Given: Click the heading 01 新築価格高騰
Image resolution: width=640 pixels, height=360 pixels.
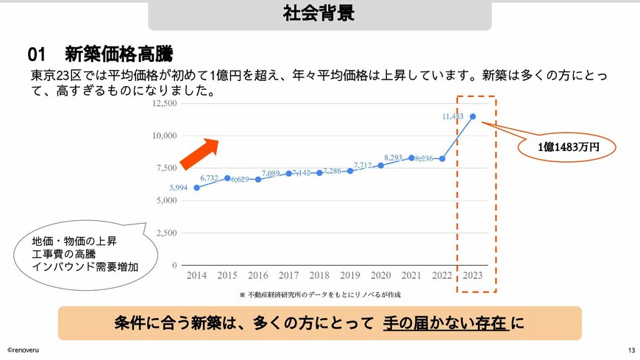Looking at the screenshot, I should click(x=101, y=54).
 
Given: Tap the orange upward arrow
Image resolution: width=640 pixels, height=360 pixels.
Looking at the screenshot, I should click(x=199, y=152).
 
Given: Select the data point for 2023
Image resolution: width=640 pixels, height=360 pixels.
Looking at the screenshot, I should click(x=472, y=116).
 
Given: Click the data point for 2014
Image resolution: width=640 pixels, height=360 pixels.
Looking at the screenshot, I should click(x=196, y=188).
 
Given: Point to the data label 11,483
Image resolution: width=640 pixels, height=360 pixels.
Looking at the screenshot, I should click(x=453, y=116).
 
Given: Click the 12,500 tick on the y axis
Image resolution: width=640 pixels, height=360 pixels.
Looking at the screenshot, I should click(x=164, y=103).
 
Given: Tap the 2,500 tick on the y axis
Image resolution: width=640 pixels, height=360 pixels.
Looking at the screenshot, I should click(x=166, y=233).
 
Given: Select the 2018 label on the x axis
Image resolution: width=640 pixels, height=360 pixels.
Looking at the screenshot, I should click(x=319, y=275).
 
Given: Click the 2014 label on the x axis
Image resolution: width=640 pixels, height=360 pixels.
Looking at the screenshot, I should click(x=196, y=275).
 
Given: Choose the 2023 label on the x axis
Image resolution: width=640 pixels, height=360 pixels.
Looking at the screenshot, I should click(x=472, y=275).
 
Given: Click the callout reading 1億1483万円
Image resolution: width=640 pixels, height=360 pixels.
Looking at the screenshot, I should click(x=569, y=147).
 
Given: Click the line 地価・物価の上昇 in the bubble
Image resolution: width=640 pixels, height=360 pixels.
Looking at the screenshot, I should click(x=74, y=241).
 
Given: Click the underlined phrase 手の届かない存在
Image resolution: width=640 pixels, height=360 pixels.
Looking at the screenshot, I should click(x=446, y=322).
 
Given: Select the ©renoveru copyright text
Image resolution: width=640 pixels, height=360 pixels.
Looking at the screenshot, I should click(x=24, y=350).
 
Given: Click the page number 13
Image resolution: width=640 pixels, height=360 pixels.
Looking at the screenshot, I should click(x=631, y=350).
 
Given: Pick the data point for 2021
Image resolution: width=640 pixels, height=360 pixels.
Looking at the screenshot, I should click(x=411, y=158).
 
